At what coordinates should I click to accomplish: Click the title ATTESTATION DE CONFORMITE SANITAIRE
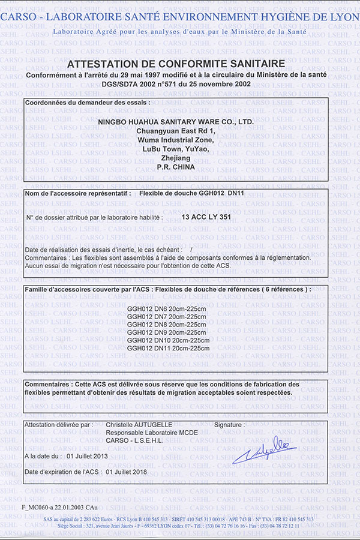[x=176, y=64]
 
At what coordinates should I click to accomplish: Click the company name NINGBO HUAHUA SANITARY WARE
[x=176, y=122]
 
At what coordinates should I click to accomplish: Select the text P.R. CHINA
[x=176, y=167]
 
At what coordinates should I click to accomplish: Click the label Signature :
[x=229, y=425]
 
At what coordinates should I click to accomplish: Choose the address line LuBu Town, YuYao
[x=176, y=149]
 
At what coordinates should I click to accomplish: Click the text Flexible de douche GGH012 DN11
[x=191, y=194]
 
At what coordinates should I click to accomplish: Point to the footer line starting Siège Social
[x=176, y=526]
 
